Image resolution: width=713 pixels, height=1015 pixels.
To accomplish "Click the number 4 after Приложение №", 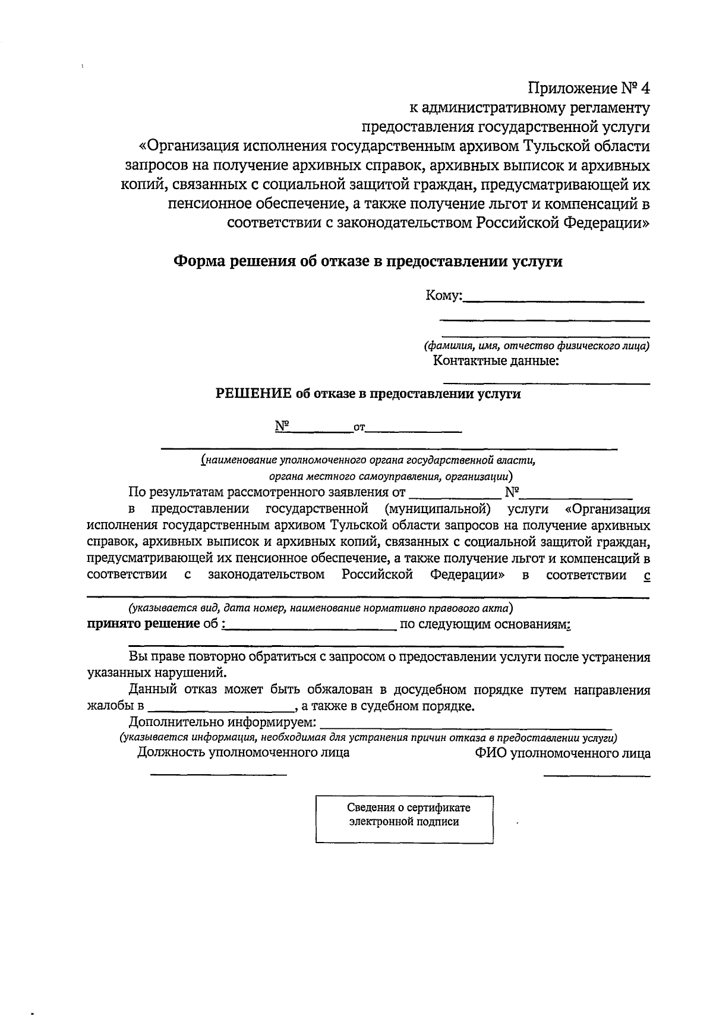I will [x=645, y=89].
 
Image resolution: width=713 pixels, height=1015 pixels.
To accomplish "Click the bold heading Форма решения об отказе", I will [x=367, y=262].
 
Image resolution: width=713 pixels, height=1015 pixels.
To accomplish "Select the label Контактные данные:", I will [x=496, y=361].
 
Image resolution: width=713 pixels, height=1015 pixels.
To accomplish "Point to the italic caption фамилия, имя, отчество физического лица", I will [x=536, y=345].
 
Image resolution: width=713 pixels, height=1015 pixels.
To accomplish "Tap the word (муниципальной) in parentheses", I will [x=438, y=509].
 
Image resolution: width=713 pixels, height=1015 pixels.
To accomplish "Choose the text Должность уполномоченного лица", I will [x=243, y=753].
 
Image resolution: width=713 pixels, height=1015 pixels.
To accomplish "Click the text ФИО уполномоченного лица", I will [x=562, y=753].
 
